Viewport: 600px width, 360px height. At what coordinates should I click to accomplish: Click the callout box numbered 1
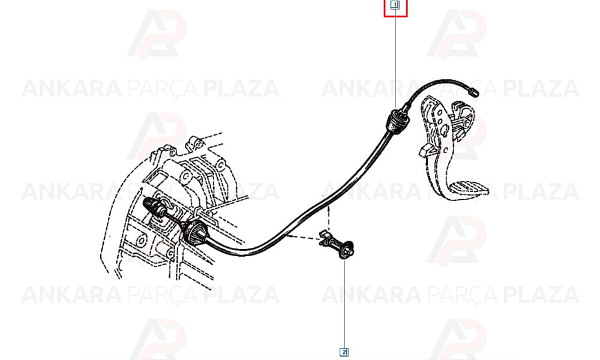(395, 5)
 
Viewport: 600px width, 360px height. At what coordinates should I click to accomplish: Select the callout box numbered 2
(344, 352)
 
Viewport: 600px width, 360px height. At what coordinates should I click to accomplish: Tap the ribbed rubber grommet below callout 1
(397, 121)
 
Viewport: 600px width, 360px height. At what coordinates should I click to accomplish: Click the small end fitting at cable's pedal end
(475, 92)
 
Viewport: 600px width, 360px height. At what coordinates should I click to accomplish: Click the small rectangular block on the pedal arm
(425, 150)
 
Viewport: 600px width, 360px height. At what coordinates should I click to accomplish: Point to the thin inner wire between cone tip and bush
(175, 217)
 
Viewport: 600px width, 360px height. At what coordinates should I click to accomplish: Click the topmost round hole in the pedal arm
(440, 113)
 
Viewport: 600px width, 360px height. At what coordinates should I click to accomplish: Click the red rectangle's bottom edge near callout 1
(395, 16)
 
